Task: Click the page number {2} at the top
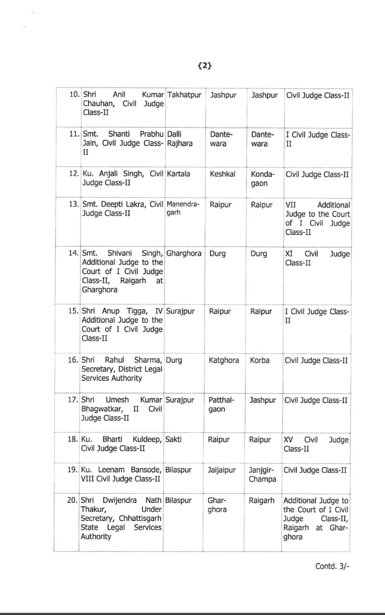point(204,66)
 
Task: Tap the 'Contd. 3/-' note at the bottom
point(332,566)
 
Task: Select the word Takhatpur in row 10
point(184,95)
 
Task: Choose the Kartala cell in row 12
point(179,174)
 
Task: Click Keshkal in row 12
point(223,174)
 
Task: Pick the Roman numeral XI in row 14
point(289,254)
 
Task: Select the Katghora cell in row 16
point(224,360)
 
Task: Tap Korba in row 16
point(260,360)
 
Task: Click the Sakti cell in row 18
point(173,439)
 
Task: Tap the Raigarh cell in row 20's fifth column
point(262,500)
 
